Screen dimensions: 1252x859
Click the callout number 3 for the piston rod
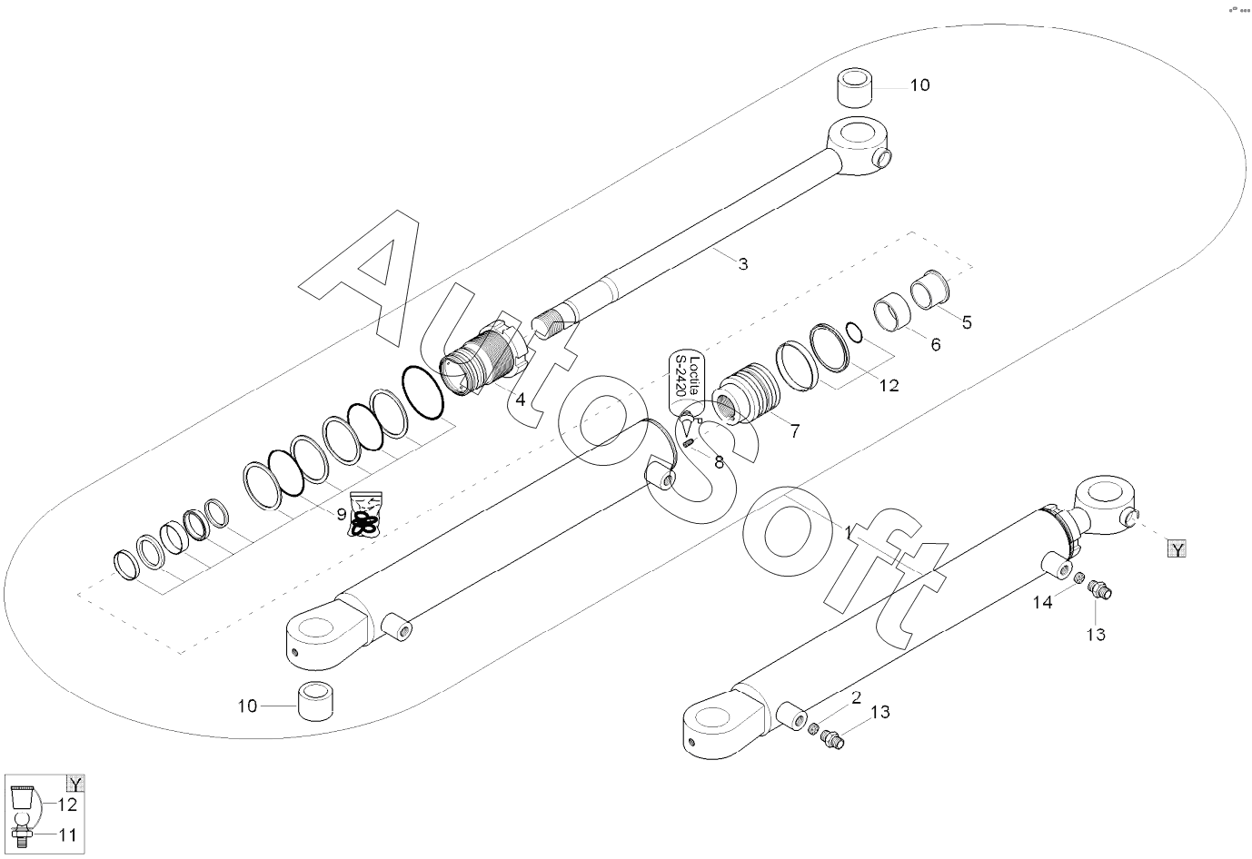pos(743,264)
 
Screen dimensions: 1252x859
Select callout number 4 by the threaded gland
pos(521,400)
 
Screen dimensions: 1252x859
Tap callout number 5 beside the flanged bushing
pos(967,323)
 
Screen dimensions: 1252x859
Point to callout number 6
pos(936,345)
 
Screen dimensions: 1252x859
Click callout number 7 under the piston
pos(795,431)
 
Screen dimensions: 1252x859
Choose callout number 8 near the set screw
pos(720,462)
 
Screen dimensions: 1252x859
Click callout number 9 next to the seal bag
pos(342,514)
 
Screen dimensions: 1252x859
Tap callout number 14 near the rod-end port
pos(1042,603)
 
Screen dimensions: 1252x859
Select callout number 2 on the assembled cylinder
pos(856,697)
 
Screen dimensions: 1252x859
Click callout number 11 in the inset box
pos(67,835)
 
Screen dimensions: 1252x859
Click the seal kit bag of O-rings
pos(365,515)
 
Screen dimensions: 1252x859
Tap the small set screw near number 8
pos(689,443)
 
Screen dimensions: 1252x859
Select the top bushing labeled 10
pos(855,88)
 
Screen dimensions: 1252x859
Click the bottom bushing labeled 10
pos(316,701)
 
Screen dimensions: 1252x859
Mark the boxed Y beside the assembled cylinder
pos(1177,549)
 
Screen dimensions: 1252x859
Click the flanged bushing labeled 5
pos(930,290)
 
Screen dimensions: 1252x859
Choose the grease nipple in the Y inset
pos(23,829)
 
